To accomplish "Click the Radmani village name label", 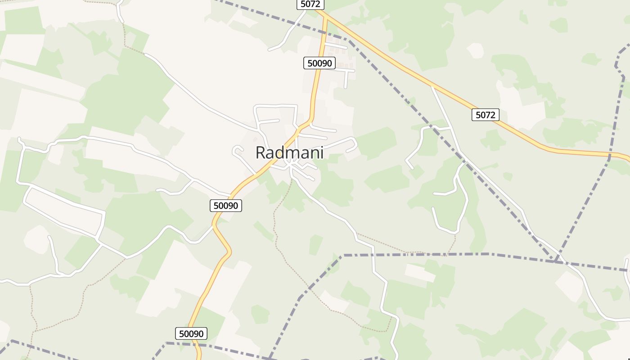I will tap(289, 153).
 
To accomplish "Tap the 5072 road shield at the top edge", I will tap(310, 4).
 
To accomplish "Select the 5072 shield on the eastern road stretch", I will tap(485, 115).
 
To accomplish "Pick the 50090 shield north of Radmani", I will tap(319, 63).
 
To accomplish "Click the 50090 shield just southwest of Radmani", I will tap(226, 206).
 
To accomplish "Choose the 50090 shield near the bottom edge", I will tap(191, 333).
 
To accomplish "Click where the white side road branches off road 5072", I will tap(432, 85).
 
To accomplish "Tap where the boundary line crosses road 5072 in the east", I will tap(610, 155).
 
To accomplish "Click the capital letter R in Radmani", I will tap(261, 153).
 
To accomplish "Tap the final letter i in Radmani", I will tap(321, 153).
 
